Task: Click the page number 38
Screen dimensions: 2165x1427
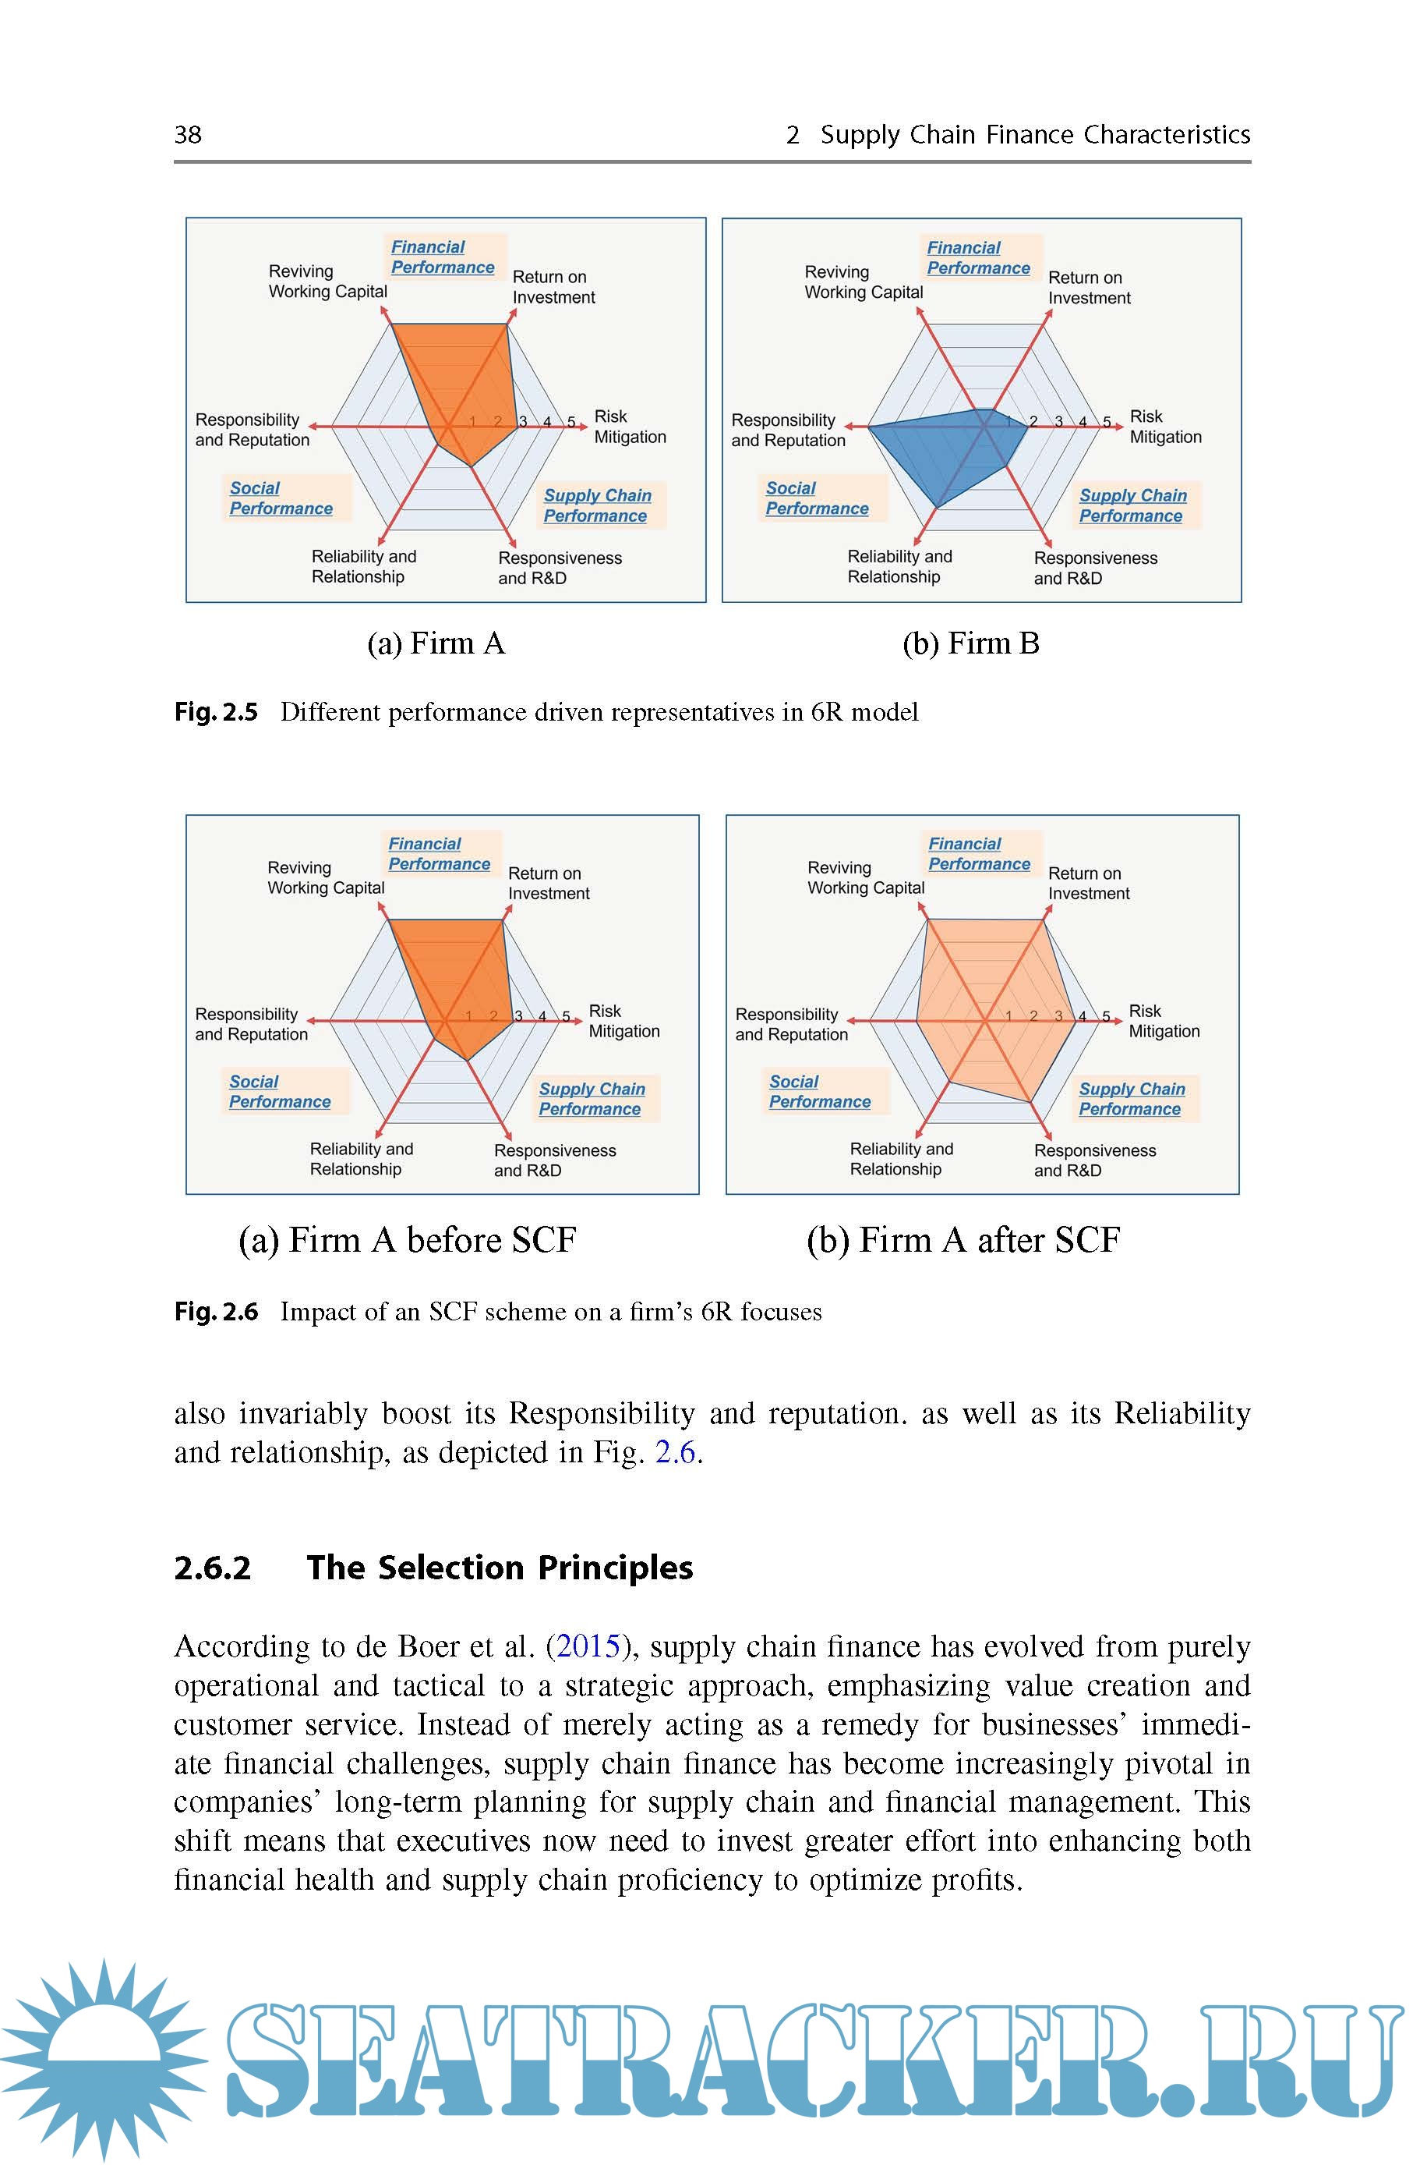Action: [188, 135]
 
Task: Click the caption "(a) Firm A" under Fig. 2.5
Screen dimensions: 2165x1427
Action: [435, 643]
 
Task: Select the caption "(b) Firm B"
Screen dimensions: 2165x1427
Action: [970, 643]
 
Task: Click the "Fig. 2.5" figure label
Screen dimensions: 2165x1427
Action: [216, 712]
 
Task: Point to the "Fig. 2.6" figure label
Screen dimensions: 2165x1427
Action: [216, 1312]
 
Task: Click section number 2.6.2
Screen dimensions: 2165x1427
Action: [212, 1568]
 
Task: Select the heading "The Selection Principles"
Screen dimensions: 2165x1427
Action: [500, 1568]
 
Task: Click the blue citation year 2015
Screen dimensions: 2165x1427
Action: [587, 1646]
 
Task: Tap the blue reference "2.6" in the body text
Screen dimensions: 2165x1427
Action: [675, 1452]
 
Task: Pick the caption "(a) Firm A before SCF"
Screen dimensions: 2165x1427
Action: [407, 1240]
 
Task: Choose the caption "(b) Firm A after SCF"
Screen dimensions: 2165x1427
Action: [963, 1240]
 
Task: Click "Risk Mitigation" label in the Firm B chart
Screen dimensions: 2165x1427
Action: [1165, 427]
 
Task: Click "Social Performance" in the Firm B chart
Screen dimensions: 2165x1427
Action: [816, 499]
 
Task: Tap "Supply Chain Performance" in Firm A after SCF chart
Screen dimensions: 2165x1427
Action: [1131, 1099]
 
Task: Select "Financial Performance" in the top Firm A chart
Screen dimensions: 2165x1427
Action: [443, 257]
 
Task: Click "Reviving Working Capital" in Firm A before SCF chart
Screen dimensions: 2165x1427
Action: [326, 877]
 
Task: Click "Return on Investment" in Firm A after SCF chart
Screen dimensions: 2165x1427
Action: [1089, 883]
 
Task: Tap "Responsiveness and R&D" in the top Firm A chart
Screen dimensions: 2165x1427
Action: [559, 568]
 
